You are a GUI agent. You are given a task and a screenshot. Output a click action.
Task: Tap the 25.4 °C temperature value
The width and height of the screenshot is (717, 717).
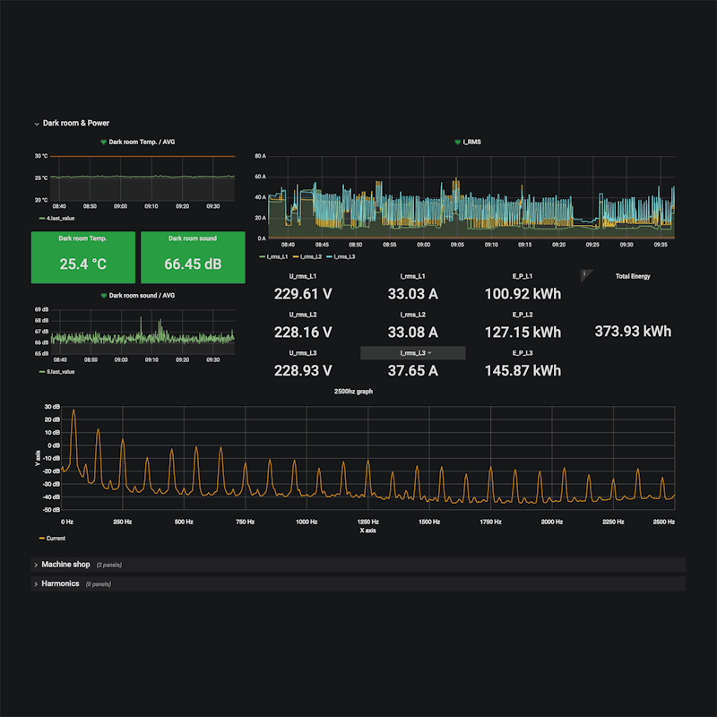tap(83, 264)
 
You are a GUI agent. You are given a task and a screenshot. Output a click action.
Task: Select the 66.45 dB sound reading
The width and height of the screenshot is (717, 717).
tap(193, 264)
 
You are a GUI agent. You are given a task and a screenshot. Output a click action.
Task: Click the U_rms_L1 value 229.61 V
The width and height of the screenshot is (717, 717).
tap(303, 293)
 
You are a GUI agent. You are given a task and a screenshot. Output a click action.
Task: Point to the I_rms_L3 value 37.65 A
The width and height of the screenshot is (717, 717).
tap(412, 371)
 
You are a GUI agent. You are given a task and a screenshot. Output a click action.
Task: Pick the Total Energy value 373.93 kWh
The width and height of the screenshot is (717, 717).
tap(633, 332)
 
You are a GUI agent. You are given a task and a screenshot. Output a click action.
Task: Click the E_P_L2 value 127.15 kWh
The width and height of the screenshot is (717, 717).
tap(523, 333)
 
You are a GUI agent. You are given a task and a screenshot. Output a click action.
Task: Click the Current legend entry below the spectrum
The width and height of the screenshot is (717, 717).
tap(55, 539)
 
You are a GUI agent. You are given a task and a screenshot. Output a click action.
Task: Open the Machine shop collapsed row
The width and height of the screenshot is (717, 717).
tap(66, 565)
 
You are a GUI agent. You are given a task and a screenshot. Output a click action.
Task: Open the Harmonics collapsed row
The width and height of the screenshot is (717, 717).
tap(61, 583)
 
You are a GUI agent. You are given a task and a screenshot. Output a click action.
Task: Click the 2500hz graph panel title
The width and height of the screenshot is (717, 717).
tap(353, 392)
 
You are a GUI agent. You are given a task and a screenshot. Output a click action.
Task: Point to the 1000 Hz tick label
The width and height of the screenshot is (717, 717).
tap(307, 522)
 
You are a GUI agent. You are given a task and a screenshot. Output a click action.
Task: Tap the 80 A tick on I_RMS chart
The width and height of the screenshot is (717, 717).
tap(261, 156)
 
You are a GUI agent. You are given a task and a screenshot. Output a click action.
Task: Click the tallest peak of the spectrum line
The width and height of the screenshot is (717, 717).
tap(73, 410)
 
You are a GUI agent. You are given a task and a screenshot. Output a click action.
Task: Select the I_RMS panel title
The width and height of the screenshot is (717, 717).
tap(471, 142)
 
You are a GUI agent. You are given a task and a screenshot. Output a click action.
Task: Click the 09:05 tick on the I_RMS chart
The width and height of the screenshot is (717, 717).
tap(457, 244)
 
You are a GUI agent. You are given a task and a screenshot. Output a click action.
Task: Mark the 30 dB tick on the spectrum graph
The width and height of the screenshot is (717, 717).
tap(52, 406)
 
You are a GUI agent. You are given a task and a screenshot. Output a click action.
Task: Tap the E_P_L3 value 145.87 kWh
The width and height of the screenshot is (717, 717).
tap(523, 371)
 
